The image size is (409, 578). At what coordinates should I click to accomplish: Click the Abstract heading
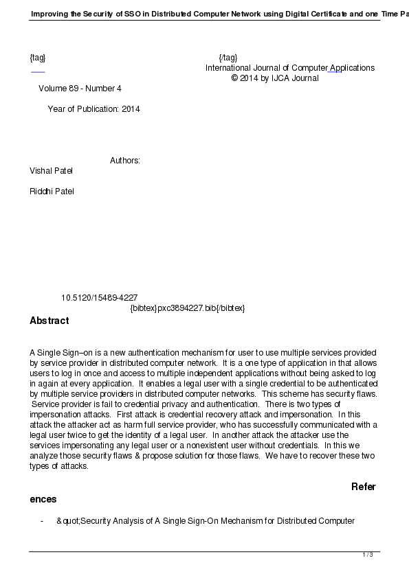pyautogui.click(x=49, y=321)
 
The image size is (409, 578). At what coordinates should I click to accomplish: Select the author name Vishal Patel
pyautogui.click(x=51, y=170)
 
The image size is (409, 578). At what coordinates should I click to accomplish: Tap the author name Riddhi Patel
pyautogui.click(x=52, y=191)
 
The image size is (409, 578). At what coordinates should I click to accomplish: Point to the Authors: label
pyautogui.click(x=125, y=161)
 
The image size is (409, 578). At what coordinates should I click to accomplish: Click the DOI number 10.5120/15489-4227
pyautogui.click(x=99, y=298)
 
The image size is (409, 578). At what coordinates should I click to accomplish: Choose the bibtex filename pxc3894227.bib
pyautogui.click(x=188, y=308)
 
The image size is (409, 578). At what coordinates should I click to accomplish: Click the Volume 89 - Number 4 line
pyautogui.click(x=80, y=89)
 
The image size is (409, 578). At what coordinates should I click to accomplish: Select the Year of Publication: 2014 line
pyautogui.click(x=93, y=109)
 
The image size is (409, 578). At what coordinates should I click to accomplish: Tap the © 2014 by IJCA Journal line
pyautogui.click(x=275, y=78)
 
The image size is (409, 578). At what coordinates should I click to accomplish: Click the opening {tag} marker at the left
pyautogui.click(x=38, y=58)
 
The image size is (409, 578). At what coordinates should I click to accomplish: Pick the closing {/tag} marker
pyautogui.click(x=228, y=58)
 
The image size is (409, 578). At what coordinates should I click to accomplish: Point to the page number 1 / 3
pyautogui.click(x=368, y=555)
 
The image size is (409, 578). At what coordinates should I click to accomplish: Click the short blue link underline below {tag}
pyautogui.click(x=38, y=71)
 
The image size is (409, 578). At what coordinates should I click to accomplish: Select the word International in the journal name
pyautogui.click(x=229, y=68)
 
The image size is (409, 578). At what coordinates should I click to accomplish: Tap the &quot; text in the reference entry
pyautogui.click(x=69, y=521)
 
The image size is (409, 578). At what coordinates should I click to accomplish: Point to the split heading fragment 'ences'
pyautogui.click(x=43, y=499)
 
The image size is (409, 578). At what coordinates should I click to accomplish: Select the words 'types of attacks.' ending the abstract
pyautogui.click(x=59, y=465)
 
